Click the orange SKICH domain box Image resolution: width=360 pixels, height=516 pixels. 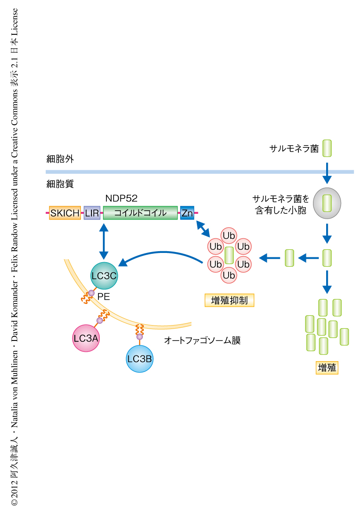pyautogui.click(x=65, y=213)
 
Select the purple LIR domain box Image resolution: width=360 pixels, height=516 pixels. pyautogui.click(x=92, y=213)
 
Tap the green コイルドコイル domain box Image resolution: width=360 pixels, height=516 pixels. pyautogui.click(x=140, y=213)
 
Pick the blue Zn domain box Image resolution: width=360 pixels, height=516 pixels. pyautogui.click(x=187, y=213)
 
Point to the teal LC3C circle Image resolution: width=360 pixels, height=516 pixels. pyautogui.click(x=104, y=275)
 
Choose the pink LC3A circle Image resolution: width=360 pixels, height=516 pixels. pyautogui.click(x=86, y=338)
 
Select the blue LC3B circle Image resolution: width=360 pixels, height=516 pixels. pyautogui.click(x=139, y=359)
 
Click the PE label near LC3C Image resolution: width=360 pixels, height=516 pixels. pyautogui.click(x=104, y=297)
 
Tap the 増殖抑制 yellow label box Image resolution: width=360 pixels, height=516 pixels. pyautogui.click(x=229, y=300)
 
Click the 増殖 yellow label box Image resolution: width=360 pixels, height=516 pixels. pyautogui.click(x=327, y=368)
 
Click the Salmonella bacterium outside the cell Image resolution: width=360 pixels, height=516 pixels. pyautogui.click(x=327, y=149)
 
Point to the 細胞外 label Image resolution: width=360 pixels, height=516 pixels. pyautogui.click(x=60, y=159)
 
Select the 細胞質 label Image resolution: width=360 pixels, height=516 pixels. pyautogui.click(x=60, y=184)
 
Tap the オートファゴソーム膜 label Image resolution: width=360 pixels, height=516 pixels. pyautogui.click(x=202, y=340)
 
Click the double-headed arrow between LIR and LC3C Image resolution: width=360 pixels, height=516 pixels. pyautogui.click(x=104, y=241)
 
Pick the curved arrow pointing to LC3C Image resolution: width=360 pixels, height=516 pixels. pyautogui.click(x=163, y=257)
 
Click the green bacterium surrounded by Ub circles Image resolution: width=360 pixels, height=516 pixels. pyautogui.click(x=229, y=255)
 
